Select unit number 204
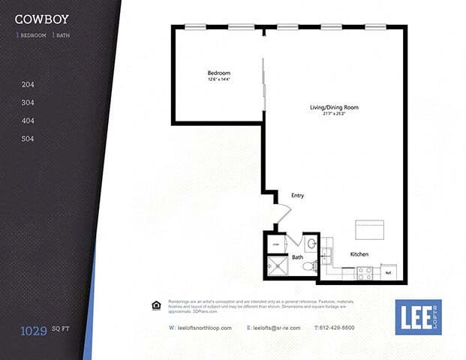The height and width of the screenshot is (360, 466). coord(28,85)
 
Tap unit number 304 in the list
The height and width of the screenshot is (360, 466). coord(28,103)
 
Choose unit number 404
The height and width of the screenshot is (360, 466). coord(28,121)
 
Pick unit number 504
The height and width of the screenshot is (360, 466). coord(28,139)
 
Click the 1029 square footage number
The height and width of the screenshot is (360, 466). coord(35,329)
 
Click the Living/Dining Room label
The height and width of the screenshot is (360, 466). coord(334,107)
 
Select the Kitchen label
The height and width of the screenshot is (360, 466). coord(359,254)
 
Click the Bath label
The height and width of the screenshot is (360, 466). coord(297,257)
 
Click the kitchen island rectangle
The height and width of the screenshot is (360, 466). coord(369,228)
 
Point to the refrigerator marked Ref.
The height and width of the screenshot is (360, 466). coord(389,272)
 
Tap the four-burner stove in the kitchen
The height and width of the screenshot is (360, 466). coord(365,272)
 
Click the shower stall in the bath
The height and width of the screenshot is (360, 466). coord(278,266)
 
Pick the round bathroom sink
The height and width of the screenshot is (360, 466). coord(311,243)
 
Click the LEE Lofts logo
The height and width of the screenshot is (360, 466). coord(418,317)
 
